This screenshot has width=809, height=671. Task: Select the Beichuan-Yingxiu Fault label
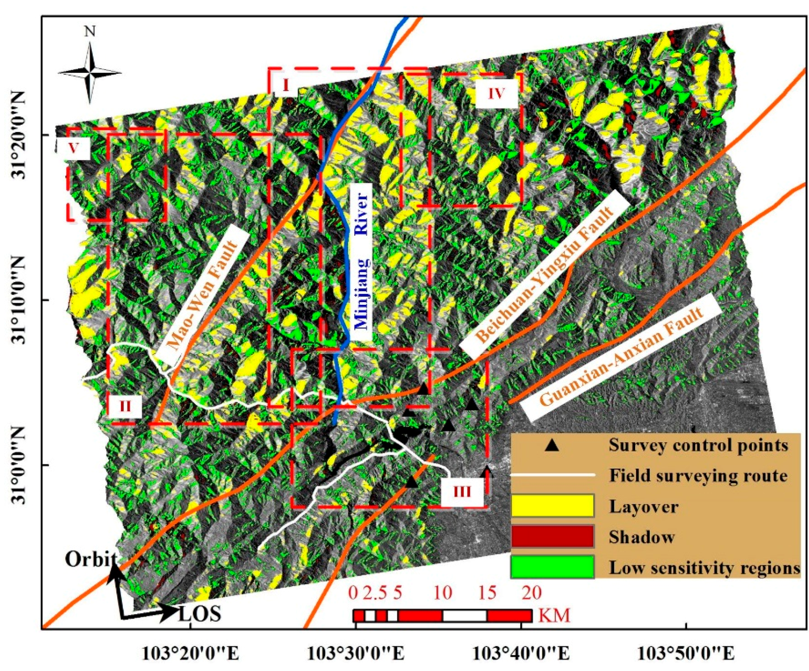(x=545, y=274)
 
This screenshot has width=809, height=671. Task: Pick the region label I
(x=286, y=84)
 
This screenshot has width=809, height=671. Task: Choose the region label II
(x=125, y=406)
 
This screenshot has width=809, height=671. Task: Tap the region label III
(x=462, y=492)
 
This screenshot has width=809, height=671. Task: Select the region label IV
(x=496, y=93)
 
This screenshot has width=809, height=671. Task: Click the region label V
(x=74, y=148)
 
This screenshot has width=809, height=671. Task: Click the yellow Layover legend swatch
(x=553, y=506)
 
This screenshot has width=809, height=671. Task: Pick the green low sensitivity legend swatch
(x=553, y=567)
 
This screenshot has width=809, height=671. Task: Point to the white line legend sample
(x=553, y=475)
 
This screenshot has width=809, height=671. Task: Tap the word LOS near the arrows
(x=200, y=615)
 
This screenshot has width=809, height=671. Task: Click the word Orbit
(x=91, y=559)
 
